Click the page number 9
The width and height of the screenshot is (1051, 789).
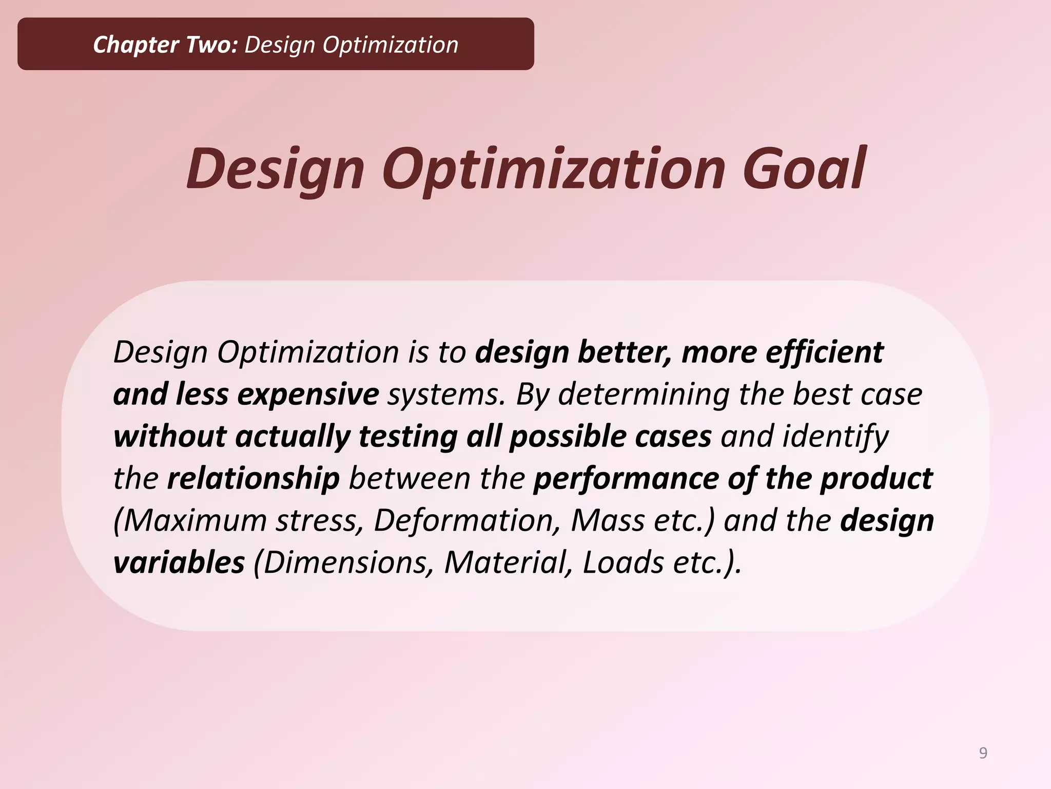pyautogui.click(x=983, y=753)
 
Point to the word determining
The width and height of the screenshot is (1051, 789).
pyautogui.click(x=644, y=394)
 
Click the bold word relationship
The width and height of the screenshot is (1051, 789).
pyautogui.click(x=254, y=478)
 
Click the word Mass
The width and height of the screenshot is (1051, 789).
pyautogui.click(x=608, y=520)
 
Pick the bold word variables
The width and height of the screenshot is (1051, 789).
pyautogui.click(x=179, y=562)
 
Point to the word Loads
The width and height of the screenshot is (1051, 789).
pyautogui.click(x=623, y=562)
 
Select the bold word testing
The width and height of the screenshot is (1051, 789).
pyautogui.click(x=408, y=437)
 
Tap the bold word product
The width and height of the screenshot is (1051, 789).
pyautogui.click(x=876, y=478)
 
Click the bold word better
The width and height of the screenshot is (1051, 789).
pyautogui.click(x=624, y=352)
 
